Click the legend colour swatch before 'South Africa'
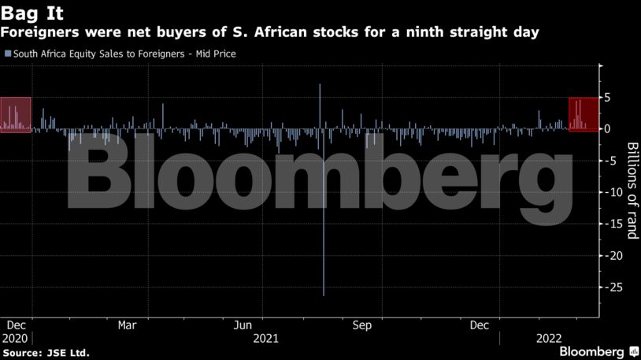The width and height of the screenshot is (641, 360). (x=8, y=54)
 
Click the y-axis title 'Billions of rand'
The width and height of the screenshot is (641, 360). (x=632, y=190)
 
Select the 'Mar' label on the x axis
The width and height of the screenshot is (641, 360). (x=128, y=325)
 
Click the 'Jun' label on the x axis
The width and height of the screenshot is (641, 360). (x=244, y=325)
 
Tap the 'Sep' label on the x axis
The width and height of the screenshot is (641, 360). (x=362, y=325)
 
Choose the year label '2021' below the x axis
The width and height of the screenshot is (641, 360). (x=266, y=338)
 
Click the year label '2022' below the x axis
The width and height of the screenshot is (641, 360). (x=548, y=338)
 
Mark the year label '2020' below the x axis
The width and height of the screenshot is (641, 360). (x=17, y=338)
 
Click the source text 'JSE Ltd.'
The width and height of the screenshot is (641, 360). (x=69, y=352)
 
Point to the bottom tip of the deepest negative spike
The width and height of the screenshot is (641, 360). (x=324, y=295)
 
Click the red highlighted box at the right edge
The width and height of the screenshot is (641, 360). (x=582, y=114)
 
